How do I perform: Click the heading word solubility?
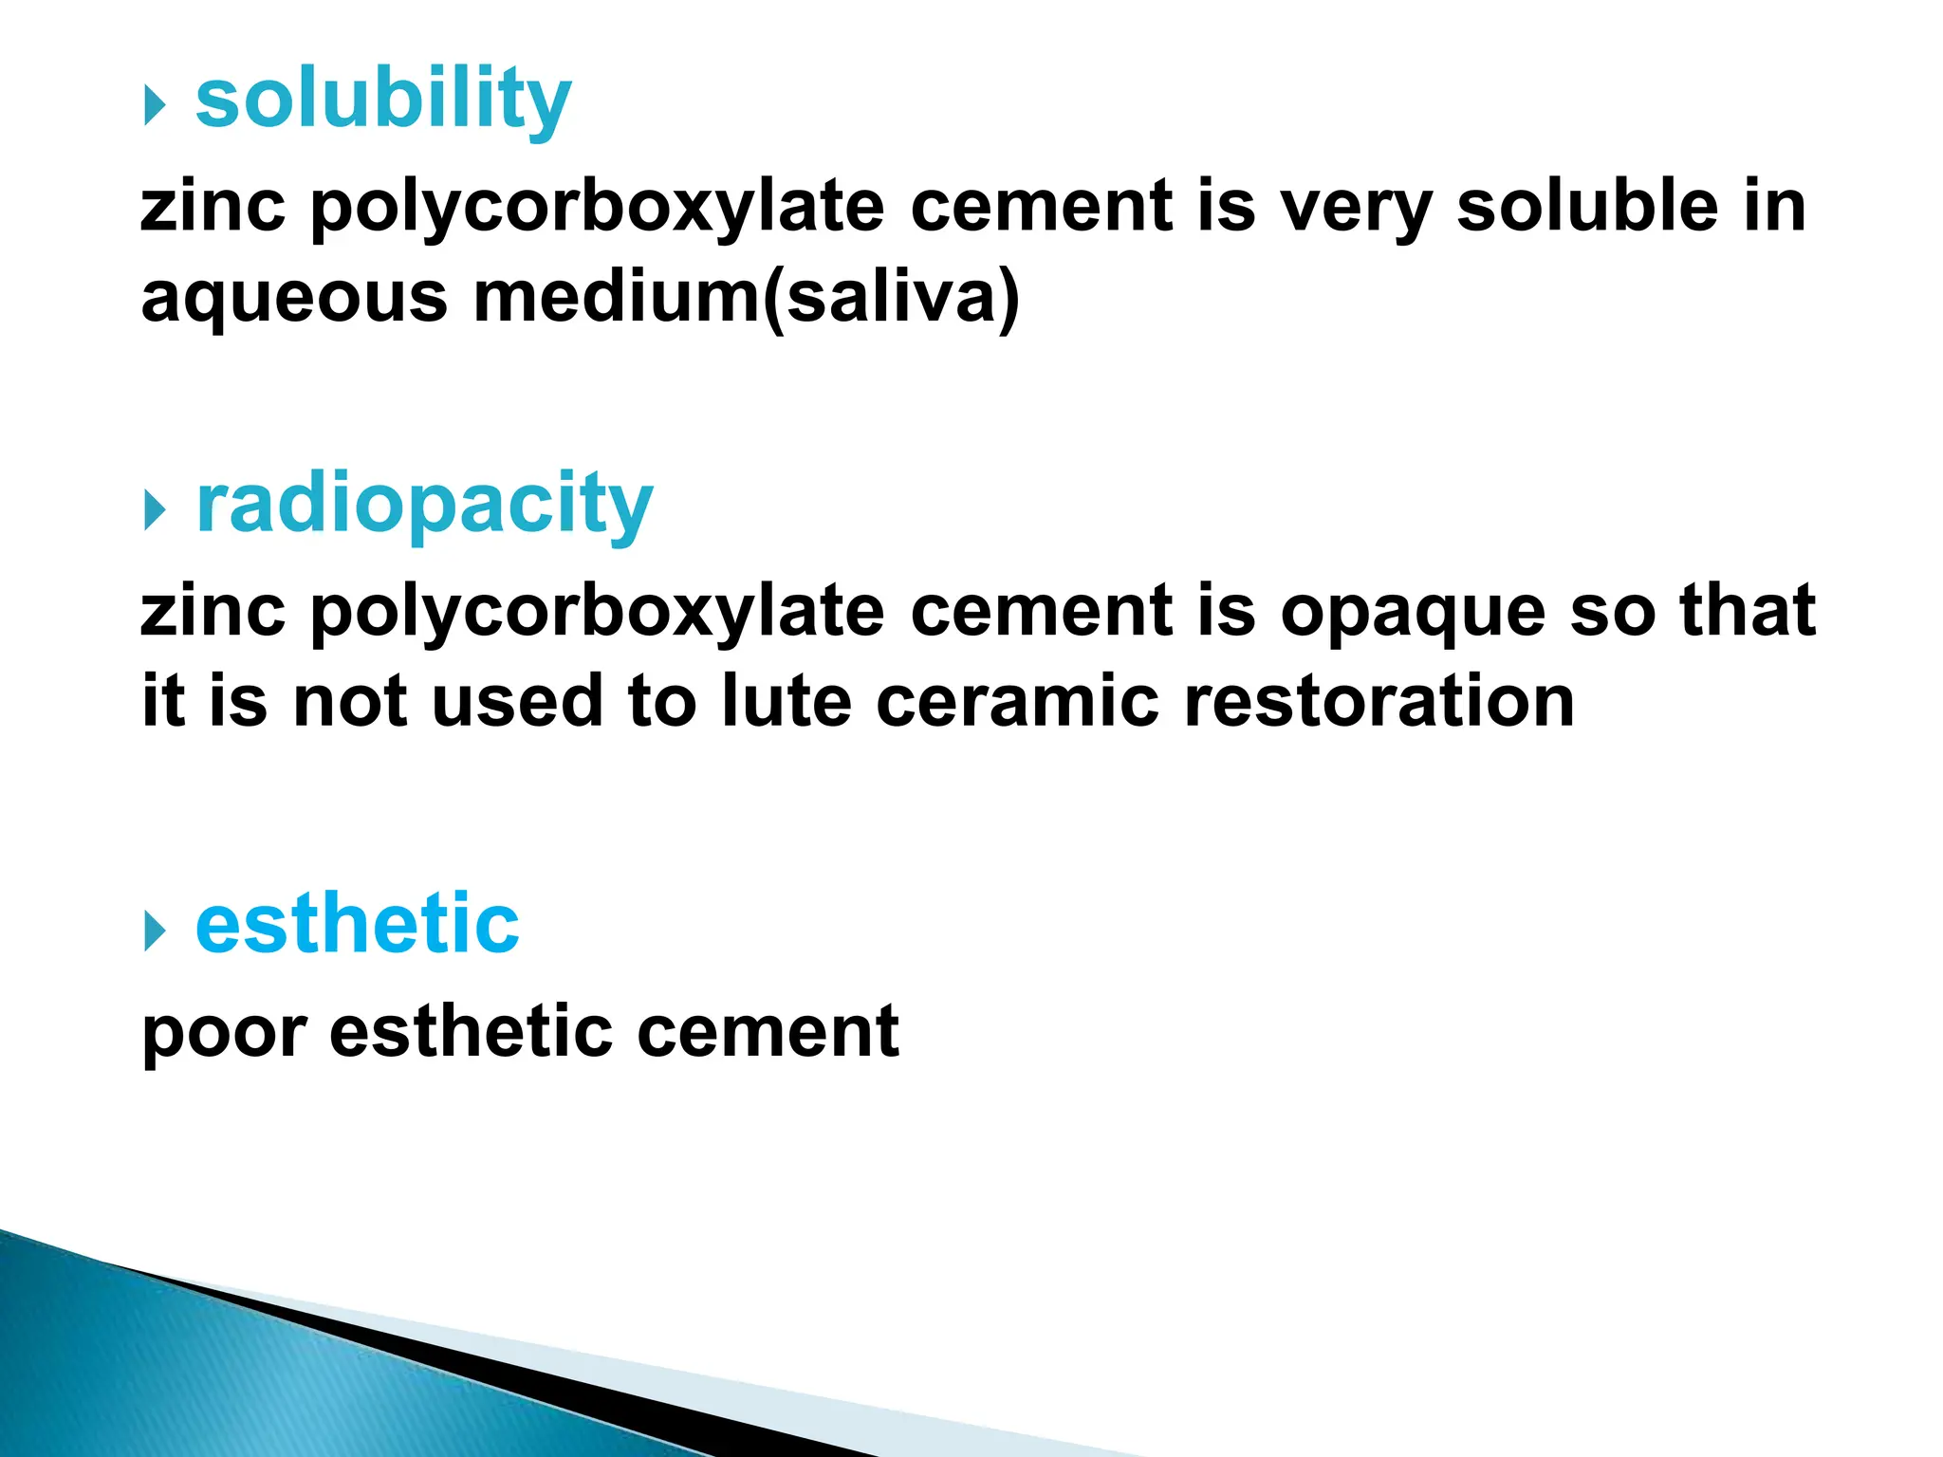(383, 100)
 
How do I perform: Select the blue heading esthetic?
(357, 924)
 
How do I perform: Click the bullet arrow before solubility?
(155, 105)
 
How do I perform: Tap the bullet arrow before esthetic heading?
(155, 931)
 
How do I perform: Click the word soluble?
(1587, 207)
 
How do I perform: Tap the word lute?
(786, 702)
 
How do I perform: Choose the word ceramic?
(1017, 702)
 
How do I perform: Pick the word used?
(517, 702)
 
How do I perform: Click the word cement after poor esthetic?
(768, 1032)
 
